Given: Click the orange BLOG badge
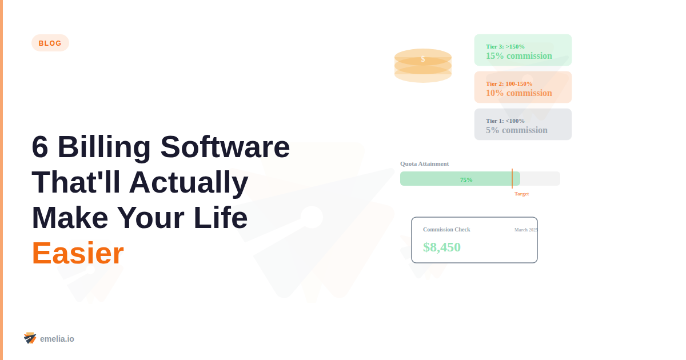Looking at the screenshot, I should (x=50, y=43).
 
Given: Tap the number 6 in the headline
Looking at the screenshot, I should (x=40, y=147).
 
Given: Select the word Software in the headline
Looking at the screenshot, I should (x=225, y=147).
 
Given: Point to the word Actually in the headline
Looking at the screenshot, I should (x=189, y=182).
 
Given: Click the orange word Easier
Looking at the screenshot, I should (x=78, y=253).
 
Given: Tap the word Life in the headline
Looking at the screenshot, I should (x=221, y=218).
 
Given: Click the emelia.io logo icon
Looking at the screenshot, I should (x=30, y=338).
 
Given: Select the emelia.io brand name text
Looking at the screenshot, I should (x=57, y=339).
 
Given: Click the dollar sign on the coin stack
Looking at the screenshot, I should (x=423, y=59).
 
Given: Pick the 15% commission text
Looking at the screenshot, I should (x=519, y=56).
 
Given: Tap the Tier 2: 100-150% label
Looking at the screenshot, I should (x=509, y=83).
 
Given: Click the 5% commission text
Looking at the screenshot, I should (x=517, y=130).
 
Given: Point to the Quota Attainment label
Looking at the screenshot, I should (x=425, y=163).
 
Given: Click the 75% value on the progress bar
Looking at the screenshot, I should (x=466, y=179).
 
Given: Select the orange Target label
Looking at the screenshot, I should (x=521, y=194).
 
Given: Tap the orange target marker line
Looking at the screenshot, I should (x=512, y=178).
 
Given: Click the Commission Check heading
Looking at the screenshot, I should (x=446, y=229).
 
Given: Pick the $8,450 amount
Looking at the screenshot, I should (x=442, y=247).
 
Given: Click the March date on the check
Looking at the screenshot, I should (x=525, y=230).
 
